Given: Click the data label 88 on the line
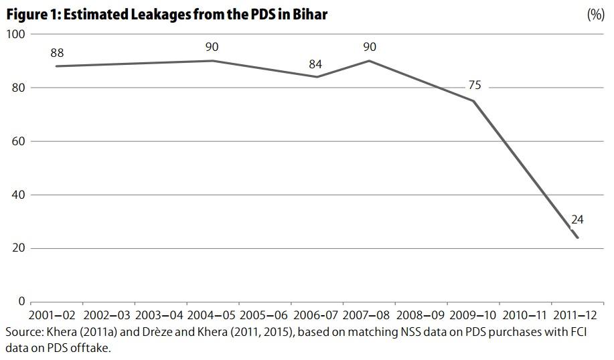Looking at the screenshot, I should coord(57,53).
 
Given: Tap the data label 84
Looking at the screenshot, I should coord(316,64).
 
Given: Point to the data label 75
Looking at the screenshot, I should coord(474,86).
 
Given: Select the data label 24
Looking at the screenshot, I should coord(578,219).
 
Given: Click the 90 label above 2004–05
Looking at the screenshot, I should coord(212,47).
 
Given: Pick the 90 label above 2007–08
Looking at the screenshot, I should coord(369,47).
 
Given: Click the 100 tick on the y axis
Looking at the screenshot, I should coord(15,34).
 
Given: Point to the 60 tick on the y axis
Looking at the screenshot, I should coord(17,141).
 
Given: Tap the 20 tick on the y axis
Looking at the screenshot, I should coord(17,248).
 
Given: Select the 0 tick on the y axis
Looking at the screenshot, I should coord(21,302).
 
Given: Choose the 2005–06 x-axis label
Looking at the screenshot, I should coord(264,314).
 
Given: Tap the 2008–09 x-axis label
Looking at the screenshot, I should coord(421,314).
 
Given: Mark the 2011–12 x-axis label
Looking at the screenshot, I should coord(578,314).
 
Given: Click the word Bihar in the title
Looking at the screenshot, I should coord(309,14).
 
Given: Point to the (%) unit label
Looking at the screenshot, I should coord(595,15).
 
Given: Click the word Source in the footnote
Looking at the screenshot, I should coord(23,333).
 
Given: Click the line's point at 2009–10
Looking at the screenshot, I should coord(474,101).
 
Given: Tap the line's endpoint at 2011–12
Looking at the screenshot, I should coord(578,238).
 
